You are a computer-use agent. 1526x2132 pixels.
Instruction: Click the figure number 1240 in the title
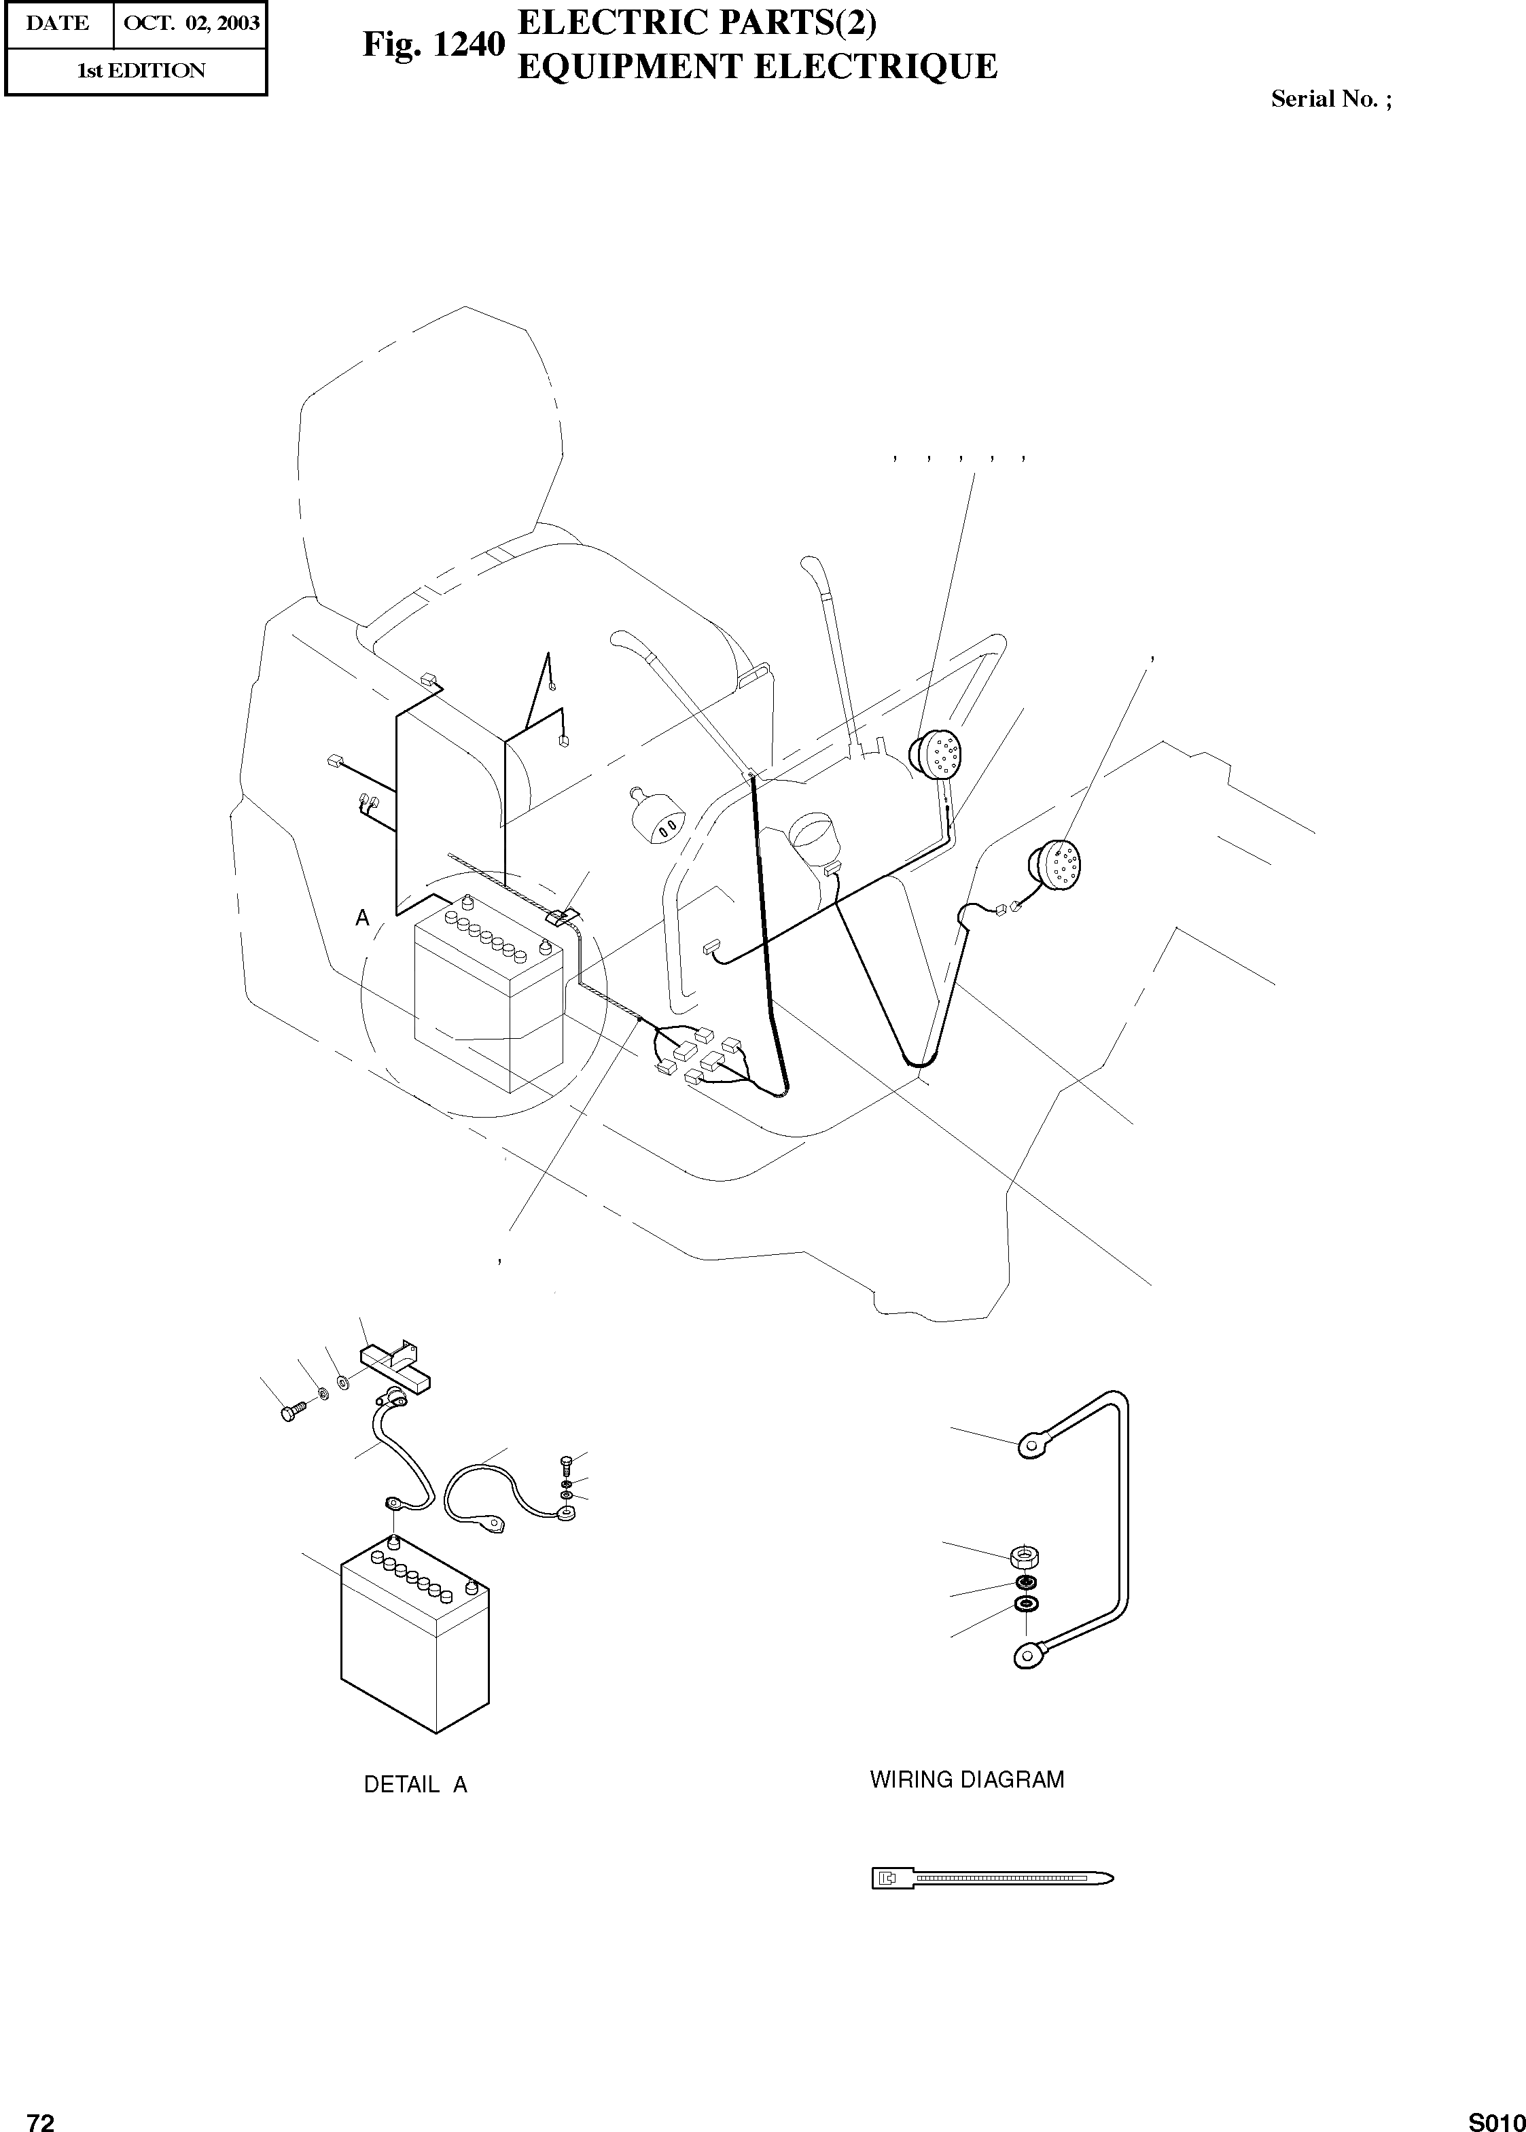(x=467, y=44)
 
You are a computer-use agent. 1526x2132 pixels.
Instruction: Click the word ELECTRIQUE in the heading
(x=893, y=67)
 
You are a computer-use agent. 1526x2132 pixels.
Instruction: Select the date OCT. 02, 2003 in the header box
(x=191, y=24)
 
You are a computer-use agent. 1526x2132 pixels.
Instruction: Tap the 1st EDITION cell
(x=140, y=71)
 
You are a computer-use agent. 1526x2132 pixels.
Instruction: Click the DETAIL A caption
(x=415, y=1784)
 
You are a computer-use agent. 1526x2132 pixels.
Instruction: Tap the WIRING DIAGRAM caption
(x=967, y=1779)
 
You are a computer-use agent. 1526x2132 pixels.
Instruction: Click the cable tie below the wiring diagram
(x=991, y=1879)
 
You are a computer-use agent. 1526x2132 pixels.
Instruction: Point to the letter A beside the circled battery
(x=363, y=919)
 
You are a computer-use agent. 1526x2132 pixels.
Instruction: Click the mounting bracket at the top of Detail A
(x=395, y=1368)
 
